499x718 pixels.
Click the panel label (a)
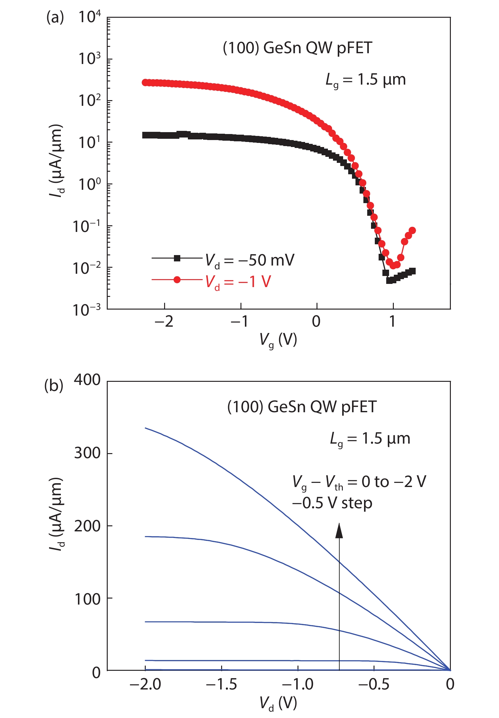(55, 17)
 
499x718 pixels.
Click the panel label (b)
(54, 386)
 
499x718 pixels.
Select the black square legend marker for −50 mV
(177, 258)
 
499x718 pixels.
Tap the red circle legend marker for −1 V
(177, 279)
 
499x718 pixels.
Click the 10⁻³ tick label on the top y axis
(86, 310)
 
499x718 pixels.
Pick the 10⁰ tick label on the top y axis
(89, 184)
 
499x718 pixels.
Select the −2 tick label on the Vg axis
(164, 322)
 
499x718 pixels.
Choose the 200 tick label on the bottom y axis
(87, 526)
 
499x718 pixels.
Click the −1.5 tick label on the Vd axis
(221, 684)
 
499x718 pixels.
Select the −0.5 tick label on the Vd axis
(374, 684)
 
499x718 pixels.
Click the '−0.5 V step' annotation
(332, 503)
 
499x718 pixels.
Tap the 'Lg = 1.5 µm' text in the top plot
(366, 80)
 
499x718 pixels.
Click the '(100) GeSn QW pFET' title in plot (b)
(302, 407)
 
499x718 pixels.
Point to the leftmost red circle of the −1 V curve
(145, 82)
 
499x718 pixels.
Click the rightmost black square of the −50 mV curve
(412, 271)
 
